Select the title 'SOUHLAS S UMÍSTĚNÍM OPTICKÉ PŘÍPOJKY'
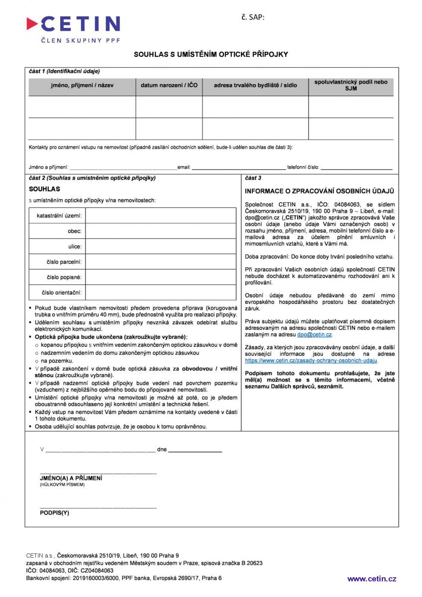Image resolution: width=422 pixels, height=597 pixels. (x=211, y=54)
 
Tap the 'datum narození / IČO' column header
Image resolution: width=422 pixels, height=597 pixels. (x=169, y=86)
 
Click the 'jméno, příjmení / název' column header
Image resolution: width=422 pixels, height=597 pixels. (x=82, y=86)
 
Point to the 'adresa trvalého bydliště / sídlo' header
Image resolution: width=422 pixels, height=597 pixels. (x=255, y=86)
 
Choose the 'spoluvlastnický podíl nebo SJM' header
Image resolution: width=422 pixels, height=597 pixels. (x=351, y=85)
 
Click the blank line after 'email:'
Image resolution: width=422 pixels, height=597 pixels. (x=238, y=168)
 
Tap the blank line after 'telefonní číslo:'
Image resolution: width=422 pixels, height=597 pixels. (x=356, y=168)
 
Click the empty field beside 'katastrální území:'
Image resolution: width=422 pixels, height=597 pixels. (x=161, y=216)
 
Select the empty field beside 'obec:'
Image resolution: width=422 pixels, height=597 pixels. (x=161, y=231)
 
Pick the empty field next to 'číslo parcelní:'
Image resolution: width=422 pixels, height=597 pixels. (x=161, y=262)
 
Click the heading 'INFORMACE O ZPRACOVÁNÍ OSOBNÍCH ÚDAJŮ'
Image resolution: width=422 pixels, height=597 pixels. (x=319, y=191)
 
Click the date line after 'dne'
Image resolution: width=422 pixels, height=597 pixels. (x=195, y=450)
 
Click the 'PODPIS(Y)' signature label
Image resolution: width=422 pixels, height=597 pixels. (x=54, y=512)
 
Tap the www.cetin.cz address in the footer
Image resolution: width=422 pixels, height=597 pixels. (x=371, y=579)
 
